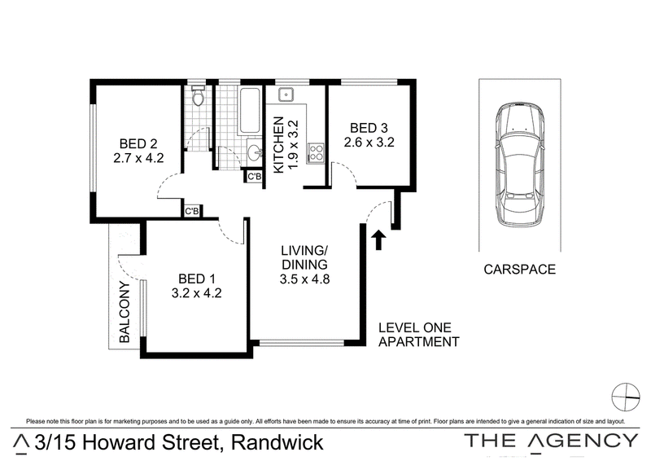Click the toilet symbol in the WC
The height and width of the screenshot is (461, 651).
(x=199, y=95)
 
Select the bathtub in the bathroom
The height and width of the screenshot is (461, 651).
(x=250, y=111)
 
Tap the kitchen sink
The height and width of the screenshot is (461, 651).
(x=286, y=95)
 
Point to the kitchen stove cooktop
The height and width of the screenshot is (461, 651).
(x=316, y=152)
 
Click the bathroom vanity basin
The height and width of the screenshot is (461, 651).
(x=254, y=152)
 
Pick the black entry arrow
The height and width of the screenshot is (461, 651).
(x=378, y=240)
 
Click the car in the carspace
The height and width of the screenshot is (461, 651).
(x=519, y=165)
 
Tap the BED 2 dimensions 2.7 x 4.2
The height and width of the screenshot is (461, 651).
(x=138, y=158)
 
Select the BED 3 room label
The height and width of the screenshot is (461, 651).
(x=369, y=128)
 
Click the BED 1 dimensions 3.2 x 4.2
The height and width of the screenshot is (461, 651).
(x=196, y=293)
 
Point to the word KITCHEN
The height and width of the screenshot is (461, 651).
(x=279, y=144)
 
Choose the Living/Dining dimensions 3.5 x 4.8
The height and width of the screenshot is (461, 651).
(x=304, y=279)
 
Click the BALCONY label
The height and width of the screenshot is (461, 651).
(x=125, y=312)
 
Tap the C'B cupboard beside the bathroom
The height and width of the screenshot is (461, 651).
(x=254, y=177)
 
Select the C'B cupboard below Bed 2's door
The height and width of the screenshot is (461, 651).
(x=191, y=211)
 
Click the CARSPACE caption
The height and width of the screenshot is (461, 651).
(x=519, y=270)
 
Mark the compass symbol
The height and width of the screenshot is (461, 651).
(x=626, y=397)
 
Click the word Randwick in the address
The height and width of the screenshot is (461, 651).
(x=277, y=442)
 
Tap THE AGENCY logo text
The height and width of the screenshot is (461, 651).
(x=551, y=441)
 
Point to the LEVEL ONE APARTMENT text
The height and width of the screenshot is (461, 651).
(x=418, y=335)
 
